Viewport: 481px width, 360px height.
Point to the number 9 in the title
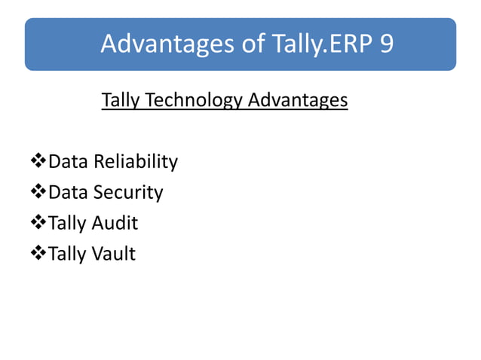pyautogui.click(x=385, y=44)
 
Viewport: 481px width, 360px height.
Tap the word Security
pyautogui.click(x=128, y=192)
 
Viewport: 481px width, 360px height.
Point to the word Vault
pyautogui.click(x=113, y=254)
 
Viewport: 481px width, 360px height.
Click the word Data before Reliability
pyautogui.click(x=69, y=161)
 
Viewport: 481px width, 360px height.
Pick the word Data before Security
pyautogui.click(x=69, y=192)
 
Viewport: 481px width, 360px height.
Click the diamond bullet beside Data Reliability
pyautogui.click(x=38, y=161)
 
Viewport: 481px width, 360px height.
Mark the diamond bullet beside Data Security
pyautogui.click(x=38, y=192)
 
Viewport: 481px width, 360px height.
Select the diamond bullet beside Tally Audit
pyautogui.click(x=38, y=223)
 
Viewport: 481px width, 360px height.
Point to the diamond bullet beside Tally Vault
pyautogui.click(x=38, y=254)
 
